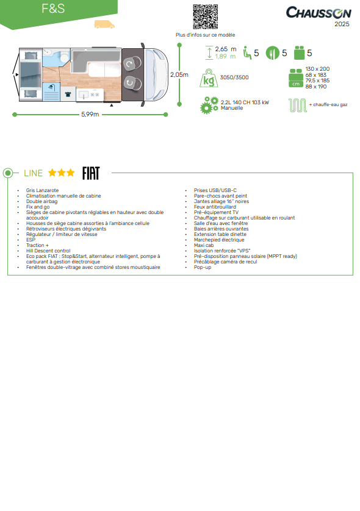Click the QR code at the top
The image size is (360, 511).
click(x=205, y=16)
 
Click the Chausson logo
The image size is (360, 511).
click(x=319, y=12)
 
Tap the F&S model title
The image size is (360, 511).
click(x=53, y=9)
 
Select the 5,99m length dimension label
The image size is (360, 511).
click(x=90, y=115)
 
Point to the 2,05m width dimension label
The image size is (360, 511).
click(x=179, y=74)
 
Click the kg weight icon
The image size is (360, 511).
click(x=209, y=78)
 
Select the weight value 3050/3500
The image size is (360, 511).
click(x=234, y=77)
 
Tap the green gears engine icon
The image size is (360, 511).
click(x=209, y=105)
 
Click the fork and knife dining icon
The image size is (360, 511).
click(x=272, y=53)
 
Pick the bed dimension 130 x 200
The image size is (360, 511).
click(x=317, y=69)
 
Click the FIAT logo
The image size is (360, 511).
click(x=91, y=173)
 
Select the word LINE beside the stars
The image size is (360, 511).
click(x=34, y=173)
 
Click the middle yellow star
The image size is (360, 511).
click(x=61, y=173)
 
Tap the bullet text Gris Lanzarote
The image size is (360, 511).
click(x=42, y=190)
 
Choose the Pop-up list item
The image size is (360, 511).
click(x=203, y=267)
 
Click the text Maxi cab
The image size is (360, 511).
click(x=204, y=245)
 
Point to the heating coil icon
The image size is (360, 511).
click(x=297, y=105)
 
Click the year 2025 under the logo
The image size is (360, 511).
click(x=342, y=24)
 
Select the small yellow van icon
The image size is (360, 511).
click(x=104, y=24)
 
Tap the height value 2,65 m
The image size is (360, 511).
click(x=226, y=49)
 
